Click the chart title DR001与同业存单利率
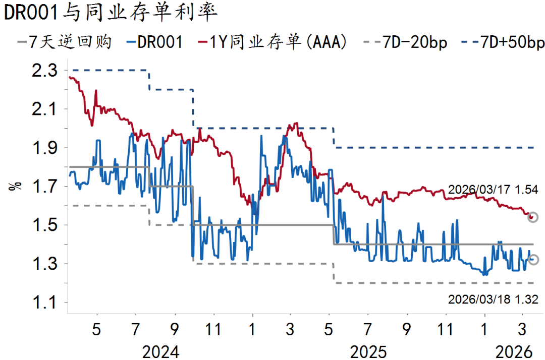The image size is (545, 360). click(111, 14)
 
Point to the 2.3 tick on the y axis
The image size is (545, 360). click(45, 71)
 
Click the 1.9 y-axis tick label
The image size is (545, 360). click(45, 148)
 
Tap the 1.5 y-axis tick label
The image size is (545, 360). click(45, 225)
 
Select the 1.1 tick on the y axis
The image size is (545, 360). click(45, 303)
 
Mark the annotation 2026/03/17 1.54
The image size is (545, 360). click(492, 190)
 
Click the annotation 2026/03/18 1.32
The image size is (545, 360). click(492, 299)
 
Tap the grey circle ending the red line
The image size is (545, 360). click(533, 217)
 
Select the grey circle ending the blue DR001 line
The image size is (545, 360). click(533, 260)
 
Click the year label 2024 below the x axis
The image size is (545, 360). click(160, 351)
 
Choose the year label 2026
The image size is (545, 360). click(514, 351)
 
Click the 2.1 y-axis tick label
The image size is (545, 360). click(45, 109)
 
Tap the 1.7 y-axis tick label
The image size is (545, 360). click(45, 187)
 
